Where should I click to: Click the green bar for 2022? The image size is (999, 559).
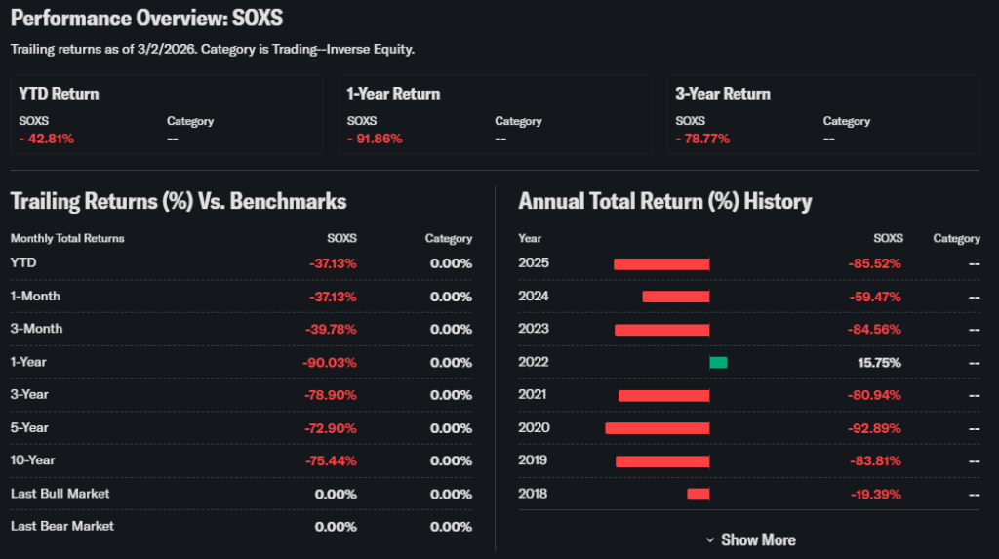pyautogui.click(x=718, y=363)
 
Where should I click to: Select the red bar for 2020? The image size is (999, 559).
pyautogui.click(x=657, y=428)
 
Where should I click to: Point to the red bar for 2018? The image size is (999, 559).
pyautogui.click(x=698, y=494)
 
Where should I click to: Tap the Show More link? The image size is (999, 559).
pyautogui.click(x=750, y=539)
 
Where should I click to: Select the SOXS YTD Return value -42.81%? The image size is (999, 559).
pyautogui.click(x=47, y=139)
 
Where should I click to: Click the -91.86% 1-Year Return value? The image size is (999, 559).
pyautogui.click(x=375, y=139)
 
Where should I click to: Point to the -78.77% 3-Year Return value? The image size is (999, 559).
pyautogui.click(x=702, y=139)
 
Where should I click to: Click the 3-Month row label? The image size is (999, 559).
pyautogui.click(x=36, y=329)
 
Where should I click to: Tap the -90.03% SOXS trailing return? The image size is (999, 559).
pyautogui.click(x=330, y=362)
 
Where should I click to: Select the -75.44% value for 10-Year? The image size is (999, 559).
pyautogui.click(x=330, y=460)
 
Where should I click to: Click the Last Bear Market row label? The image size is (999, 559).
pyautogui.click(x=62, y=526)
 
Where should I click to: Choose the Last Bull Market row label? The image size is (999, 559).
pyautogui.click(x=60, y=494)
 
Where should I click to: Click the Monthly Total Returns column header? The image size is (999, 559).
pyautogui.click(x=67, y=238)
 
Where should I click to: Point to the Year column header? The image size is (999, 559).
pyautogui.click(x=530, y=238)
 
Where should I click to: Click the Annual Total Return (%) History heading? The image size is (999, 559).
pyautogui.click(x=664, y=202)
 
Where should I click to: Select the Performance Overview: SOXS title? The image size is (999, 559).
pyautogui.click(x=147, y=20)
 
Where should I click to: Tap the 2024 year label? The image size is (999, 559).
pyautogui.click(x=534, y=297)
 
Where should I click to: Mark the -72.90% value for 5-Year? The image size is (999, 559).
pyautogui.click(x=330, y=427)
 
